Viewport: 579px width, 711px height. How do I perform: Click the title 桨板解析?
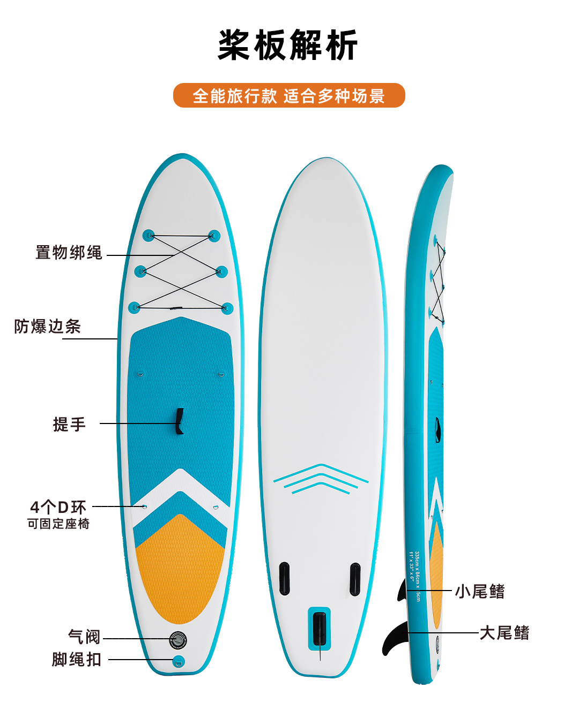[288, 46]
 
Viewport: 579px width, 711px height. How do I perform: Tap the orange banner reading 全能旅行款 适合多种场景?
[289, 96]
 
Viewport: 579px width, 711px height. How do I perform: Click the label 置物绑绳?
[69, 253]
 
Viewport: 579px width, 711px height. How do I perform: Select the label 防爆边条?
[48, 326]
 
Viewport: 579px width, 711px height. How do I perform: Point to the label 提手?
[69, 424]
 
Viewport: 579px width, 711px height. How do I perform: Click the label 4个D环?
[58, 506]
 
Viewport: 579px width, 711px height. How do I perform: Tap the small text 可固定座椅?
[58, 524]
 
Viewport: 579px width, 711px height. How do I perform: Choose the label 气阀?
[84, 637]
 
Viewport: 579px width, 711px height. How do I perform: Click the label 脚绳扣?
[77, 659]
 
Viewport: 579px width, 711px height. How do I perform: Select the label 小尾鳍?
[480, 591]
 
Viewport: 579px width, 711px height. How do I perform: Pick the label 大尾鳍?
[504, 633]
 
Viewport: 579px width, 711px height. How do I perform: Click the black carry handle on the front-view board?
[180, 421]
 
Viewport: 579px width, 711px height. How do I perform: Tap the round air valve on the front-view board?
[178, 639]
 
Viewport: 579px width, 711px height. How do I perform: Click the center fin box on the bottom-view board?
[320, 629]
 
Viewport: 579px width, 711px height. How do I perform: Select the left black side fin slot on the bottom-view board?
[284, 579]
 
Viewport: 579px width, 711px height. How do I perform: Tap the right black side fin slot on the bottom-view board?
[355, 579]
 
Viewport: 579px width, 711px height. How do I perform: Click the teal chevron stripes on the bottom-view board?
[321, 478]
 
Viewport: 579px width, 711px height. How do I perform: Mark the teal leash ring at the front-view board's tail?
[179, 661]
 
